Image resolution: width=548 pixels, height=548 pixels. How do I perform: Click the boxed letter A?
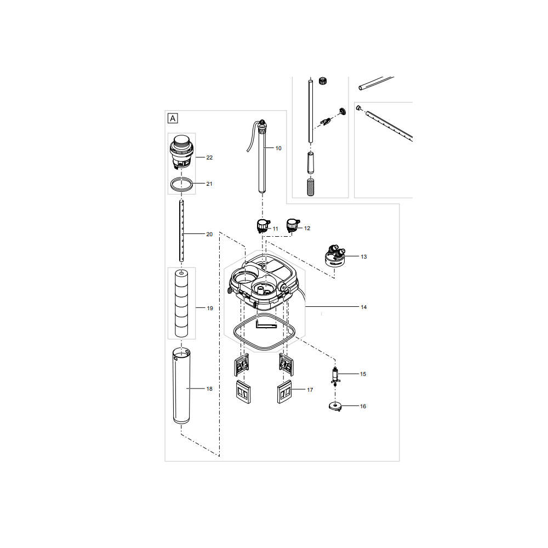point(173,118)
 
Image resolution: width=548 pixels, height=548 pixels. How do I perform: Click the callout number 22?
point(209,158)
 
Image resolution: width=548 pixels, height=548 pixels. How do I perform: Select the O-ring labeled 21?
point(181,184)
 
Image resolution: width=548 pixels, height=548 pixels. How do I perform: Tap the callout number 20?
point(209,235)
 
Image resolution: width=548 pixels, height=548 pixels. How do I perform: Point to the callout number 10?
point(278,148)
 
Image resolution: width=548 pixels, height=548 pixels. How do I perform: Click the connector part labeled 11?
point(263,226)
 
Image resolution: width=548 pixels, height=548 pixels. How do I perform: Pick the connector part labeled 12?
point(293,225)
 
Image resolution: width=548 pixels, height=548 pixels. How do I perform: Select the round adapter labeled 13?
point(335,256)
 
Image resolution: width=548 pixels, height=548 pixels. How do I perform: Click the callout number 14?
point(363,307)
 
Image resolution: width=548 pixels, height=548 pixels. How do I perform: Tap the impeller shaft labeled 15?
point(335,376)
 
